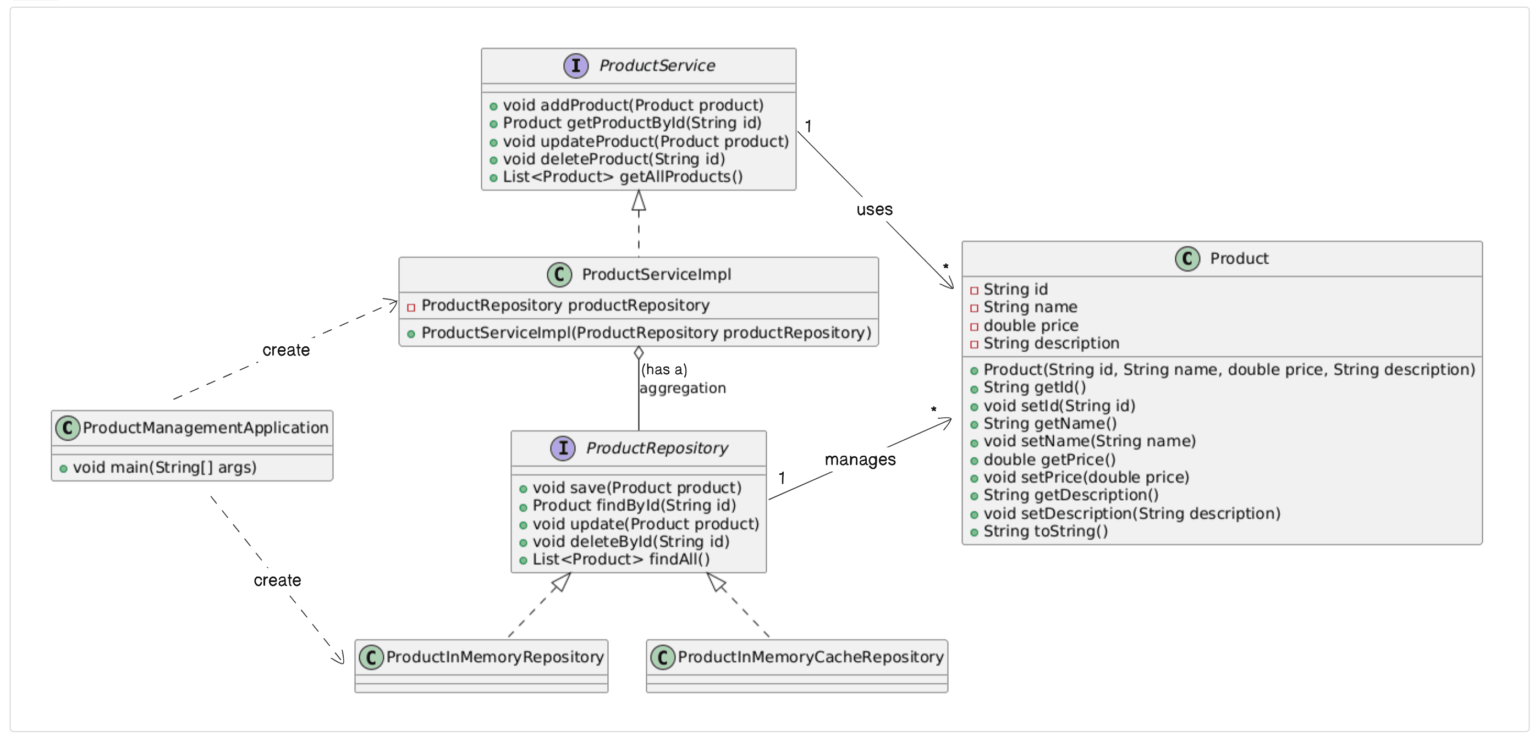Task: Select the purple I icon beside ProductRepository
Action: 563,448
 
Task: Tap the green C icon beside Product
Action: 1187,259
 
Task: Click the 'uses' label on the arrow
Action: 874,210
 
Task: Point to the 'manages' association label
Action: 860,459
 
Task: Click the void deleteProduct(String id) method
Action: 613,159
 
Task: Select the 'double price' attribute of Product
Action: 1031,325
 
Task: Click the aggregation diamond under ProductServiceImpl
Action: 639,352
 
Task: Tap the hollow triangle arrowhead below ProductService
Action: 639,201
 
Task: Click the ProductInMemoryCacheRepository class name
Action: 810,657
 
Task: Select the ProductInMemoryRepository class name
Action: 494,657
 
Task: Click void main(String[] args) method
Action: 164,467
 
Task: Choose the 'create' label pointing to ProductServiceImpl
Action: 286,350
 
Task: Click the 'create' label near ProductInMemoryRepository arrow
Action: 277,580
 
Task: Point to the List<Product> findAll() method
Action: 620,559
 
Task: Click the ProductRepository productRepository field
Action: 565,305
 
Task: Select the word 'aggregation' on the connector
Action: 682,389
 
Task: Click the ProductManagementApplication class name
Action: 205,428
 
